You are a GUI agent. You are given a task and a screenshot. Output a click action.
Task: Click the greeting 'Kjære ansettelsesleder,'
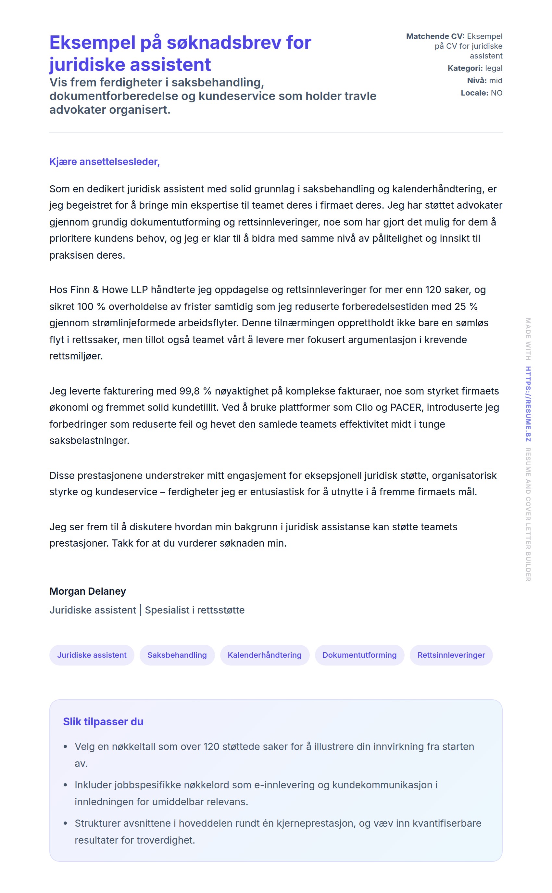(105, 162)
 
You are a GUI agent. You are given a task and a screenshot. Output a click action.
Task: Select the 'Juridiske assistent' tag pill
(92, 655)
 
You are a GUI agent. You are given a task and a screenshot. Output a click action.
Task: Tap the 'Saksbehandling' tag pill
(177, 655)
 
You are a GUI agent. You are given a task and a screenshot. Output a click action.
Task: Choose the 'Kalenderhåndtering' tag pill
(265, 655)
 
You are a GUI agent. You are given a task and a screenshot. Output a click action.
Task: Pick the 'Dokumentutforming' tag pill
(359, 655)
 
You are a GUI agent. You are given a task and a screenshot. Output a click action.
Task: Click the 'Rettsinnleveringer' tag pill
(451, 655)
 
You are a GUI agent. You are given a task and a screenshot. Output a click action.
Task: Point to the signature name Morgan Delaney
(88, 591)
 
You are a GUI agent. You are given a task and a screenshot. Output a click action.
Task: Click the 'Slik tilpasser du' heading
(103, 722)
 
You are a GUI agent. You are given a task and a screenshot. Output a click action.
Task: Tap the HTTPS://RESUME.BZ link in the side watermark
(528, 404)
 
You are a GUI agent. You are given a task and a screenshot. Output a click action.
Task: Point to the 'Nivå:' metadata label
(477, 80)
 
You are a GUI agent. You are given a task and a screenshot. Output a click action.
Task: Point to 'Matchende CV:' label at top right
(435, 36)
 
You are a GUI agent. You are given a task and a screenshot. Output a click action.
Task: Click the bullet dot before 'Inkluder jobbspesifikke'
(65, 785)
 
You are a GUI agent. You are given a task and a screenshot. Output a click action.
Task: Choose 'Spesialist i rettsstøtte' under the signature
(194, 610)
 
